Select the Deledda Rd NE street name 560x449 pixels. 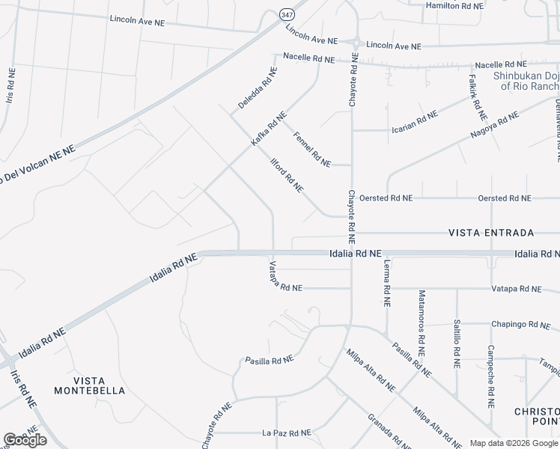tap(253, 87)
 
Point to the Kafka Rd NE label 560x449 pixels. tap(269, 128)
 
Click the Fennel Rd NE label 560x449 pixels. tap(312, 148)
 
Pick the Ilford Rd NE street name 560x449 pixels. tap(287, 174)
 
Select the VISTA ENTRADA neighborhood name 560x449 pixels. tap(491, 233)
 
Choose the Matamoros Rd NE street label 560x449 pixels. tap(422, 323)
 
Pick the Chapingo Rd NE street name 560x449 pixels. tap(520, 325)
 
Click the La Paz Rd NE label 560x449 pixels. tap(286, 433)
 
